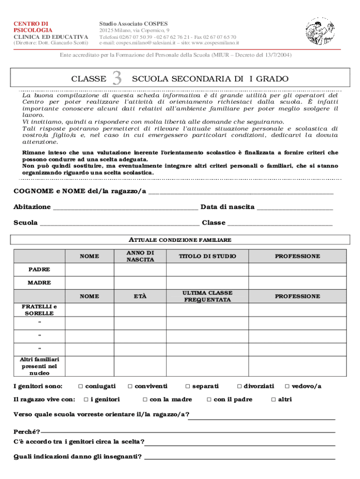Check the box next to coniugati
(80, 386)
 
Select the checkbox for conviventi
(130, 386)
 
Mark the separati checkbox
(187, 386)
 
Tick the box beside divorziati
(239, 386)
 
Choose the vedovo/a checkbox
(287, 386)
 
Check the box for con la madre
(145, 399)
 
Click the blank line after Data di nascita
(295, 208)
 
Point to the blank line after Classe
(280, 224)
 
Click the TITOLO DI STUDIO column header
(207, 256)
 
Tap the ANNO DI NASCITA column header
(140, 256)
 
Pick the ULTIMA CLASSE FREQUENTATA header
(207, 296)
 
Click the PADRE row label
(39, 270)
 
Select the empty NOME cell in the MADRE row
(89, 283)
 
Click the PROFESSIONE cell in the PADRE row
(297, 270)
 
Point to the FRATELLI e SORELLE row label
(39, 310)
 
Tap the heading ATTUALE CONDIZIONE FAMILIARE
(180, 240)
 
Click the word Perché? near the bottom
(27, 432)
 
